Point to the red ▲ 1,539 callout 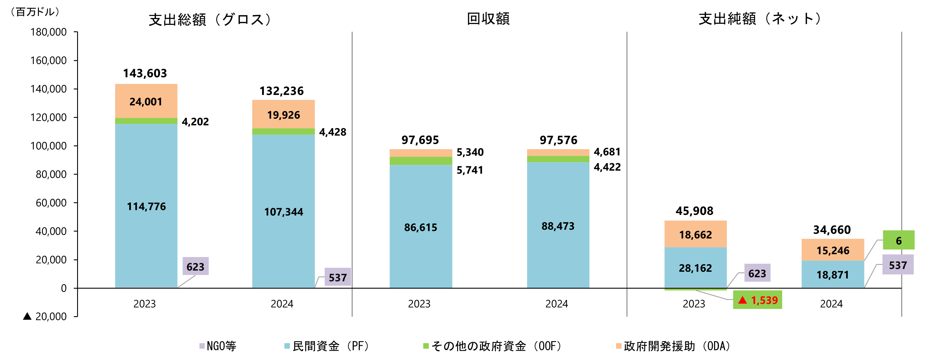(x=758, y=300)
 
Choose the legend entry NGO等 (x=218, y=346)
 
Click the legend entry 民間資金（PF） (x=327, y=346)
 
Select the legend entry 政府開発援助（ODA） (x=674, y=346)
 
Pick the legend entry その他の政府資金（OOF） (x=493, y=346)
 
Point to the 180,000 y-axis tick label (x=48, y=32)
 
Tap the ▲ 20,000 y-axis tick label (x=45, y=316)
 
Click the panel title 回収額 (x=488, y=19)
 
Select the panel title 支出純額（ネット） (x=761, y=19)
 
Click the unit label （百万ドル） (x=35, y=12)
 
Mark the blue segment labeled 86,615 (x=421, y=227)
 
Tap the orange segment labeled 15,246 (x=833, y=250)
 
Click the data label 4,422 (x=607, y=167)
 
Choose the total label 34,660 (x=832, y=230)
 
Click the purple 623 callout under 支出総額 (x=195, y=267)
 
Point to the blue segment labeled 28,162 (x=695, y=268)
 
